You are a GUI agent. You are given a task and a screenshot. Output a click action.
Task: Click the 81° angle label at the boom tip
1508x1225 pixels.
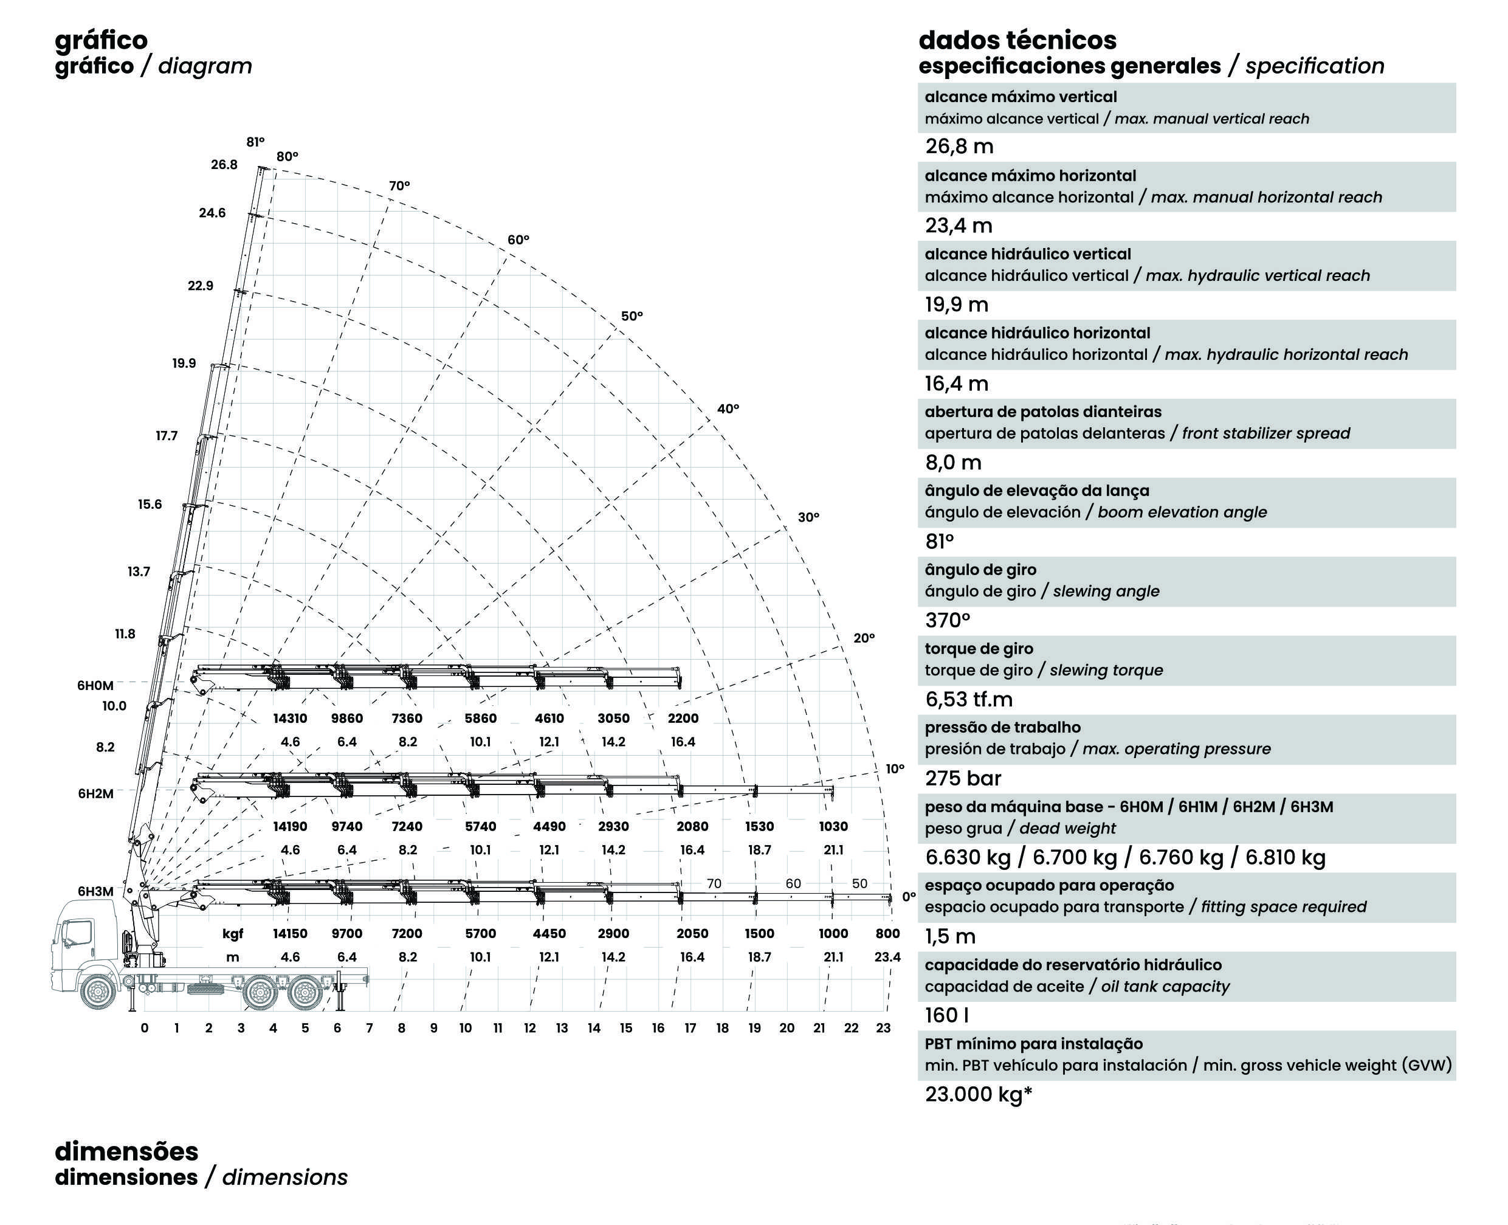coord(255,142)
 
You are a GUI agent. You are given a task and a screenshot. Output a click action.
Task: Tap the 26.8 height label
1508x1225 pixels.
coord(224,164)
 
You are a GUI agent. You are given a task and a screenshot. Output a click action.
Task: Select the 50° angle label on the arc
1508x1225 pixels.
coord(632,316)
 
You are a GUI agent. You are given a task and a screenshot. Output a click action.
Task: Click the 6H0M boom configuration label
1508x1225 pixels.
coord(95,685)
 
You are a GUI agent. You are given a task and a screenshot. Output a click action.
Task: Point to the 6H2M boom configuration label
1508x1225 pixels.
coord(95,793)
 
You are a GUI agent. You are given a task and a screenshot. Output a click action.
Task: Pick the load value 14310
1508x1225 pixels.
coord(290,719)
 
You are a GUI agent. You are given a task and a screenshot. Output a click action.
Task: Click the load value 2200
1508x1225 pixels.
coord(683,719)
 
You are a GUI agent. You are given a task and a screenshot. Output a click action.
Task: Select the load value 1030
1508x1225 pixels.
coord(833,826)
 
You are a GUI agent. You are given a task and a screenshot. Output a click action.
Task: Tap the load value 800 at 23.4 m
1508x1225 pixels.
coord(887,934)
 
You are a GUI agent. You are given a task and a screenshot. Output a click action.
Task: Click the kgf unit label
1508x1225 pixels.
coord(233,934)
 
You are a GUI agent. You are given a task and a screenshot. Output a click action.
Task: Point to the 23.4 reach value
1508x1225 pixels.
coord(887,957)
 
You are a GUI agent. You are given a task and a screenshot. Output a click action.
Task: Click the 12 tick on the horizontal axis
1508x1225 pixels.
coord(529,1028)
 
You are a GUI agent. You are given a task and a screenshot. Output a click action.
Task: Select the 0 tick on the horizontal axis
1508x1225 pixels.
coord(145,1028)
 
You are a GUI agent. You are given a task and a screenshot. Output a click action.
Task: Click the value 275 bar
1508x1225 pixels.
coord(963,778)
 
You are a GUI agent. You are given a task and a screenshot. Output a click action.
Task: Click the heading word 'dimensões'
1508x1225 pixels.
coord(127,1151)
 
